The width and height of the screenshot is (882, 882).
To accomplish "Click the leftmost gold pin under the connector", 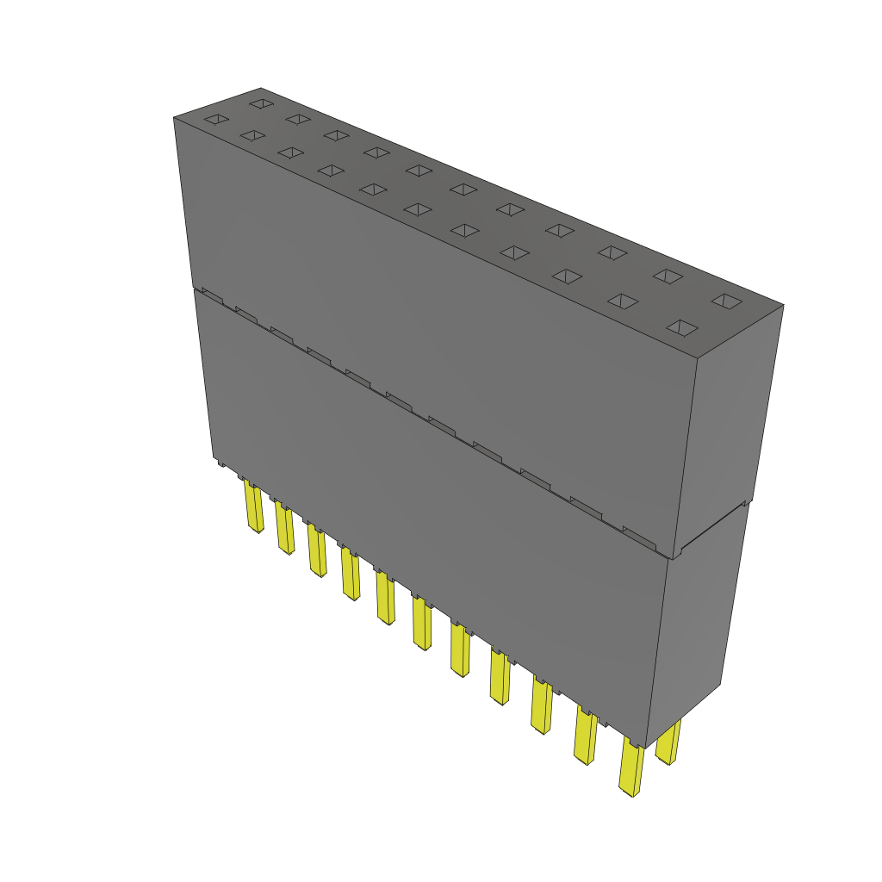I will (x=254, y=509).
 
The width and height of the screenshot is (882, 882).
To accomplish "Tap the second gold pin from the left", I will (x=284, y=529).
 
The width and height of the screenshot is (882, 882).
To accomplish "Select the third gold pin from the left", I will (x=316, y=552).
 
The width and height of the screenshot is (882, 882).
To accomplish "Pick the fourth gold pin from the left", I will (x=350, y=575).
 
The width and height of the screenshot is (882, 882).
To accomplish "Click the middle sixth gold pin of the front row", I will (x=422, y=624).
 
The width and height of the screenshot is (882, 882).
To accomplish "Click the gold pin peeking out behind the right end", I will (x=668, y=742).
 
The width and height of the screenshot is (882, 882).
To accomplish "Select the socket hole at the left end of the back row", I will (x=260, y=103).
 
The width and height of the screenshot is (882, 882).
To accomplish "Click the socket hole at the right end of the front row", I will (x=682, y=327).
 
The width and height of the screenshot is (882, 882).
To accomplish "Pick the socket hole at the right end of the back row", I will (x=727, y=301).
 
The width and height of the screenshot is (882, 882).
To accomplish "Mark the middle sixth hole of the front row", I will (x=418, y=209).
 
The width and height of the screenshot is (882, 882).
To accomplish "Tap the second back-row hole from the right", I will (x=668, y=276).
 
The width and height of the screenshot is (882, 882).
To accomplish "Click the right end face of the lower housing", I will (x=697, y=620).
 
